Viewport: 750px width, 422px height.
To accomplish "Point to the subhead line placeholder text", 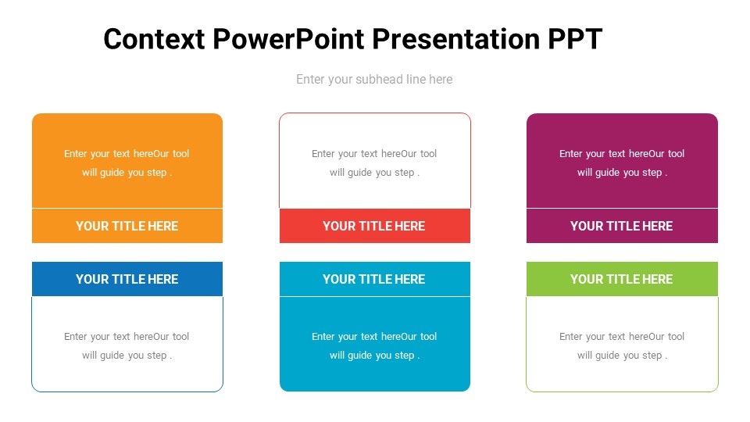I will coord(374,79).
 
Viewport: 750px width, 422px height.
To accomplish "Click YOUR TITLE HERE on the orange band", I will coord(127,226).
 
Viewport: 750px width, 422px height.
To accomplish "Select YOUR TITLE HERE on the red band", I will coord(373,226).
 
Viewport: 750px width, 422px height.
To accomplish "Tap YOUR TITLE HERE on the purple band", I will coord(621,226).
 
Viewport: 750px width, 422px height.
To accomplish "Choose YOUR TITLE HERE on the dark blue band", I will coord(127,279).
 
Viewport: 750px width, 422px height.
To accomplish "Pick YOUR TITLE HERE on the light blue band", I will coord(373,279).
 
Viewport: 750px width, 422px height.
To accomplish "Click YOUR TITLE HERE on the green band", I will coord(621,279).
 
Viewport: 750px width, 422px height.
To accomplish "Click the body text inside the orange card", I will coord(127,163).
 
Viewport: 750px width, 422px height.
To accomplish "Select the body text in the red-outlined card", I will coord(374,163).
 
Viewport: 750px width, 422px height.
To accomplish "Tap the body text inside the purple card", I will coord(622,163).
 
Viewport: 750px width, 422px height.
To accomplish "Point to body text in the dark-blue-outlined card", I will coord(127,345).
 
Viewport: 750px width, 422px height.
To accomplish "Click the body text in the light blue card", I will coord(374,345).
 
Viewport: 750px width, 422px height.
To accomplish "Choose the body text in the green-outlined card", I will coord(622,345).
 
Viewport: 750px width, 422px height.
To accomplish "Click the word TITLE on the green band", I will coord(621,279).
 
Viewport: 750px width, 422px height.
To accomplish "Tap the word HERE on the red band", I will coord(410,226).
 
